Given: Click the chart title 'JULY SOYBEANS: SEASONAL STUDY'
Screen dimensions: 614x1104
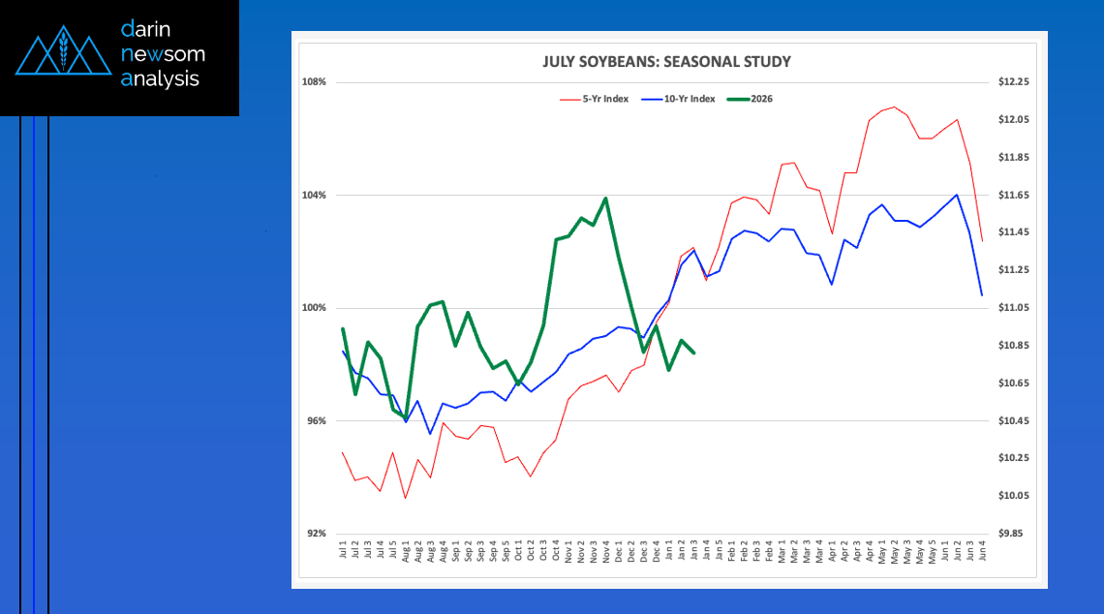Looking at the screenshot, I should pos(666,62).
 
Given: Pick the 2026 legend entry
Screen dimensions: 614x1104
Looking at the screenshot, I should pos(761,99).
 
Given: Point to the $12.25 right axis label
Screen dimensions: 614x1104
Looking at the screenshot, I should pos(1012,82).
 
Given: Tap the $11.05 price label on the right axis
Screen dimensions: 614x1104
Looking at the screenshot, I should pos(1012,308).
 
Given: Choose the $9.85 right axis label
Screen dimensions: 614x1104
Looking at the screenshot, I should pos(1012,534).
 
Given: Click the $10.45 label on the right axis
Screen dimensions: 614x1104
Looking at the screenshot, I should pos(1012,421).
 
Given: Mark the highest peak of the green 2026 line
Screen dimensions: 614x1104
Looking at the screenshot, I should pos(605,199).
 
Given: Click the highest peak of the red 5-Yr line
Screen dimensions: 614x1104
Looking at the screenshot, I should pos(894,107).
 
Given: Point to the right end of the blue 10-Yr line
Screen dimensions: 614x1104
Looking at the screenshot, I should pos(982,294).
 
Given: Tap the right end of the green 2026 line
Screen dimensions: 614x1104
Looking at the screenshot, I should pos(694,353).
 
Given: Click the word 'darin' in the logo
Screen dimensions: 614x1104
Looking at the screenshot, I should pos(145,29).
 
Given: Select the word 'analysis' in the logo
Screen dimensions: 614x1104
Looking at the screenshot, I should pos(161,79).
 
